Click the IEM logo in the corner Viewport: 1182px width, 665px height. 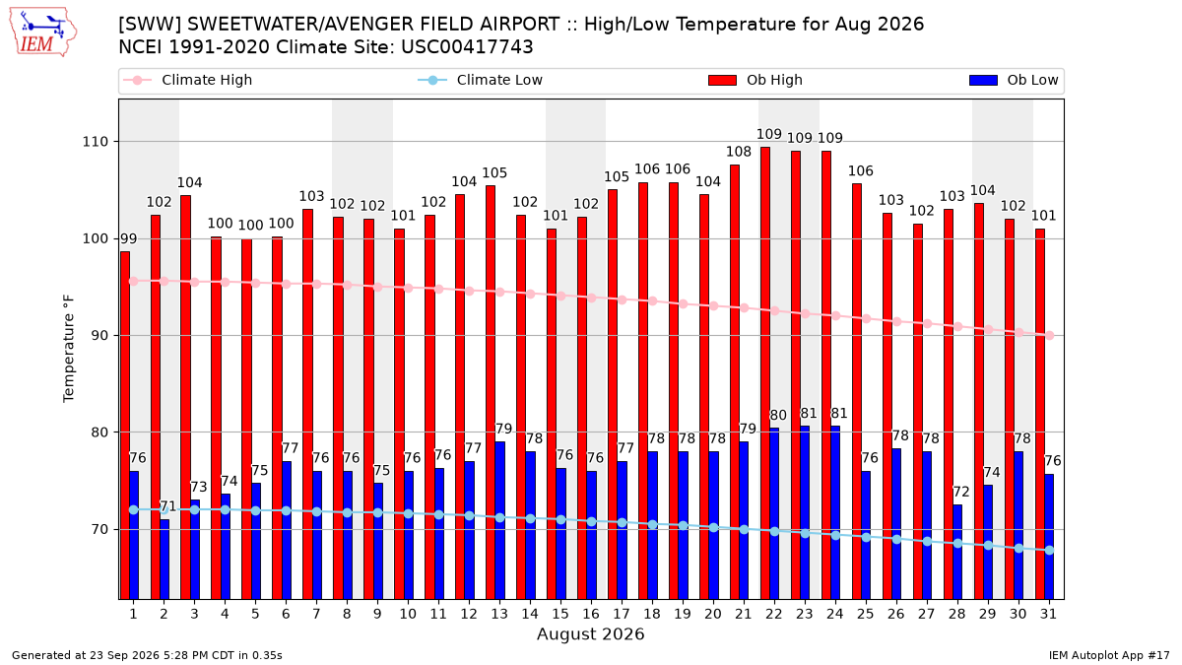[43, 33]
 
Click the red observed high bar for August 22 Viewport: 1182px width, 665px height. [765, 373]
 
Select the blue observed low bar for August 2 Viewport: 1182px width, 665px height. [164, 560]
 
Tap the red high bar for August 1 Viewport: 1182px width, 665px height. [125, 426]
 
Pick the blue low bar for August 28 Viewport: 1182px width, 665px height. [957, 552]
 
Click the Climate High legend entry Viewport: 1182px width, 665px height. [187, 80]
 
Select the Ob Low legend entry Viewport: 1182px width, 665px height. [1014, 80]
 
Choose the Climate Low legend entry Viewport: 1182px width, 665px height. [481, 80]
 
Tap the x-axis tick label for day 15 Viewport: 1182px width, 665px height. [560, 614]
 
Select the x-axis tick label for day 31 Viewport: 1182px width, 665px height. [1048, 614]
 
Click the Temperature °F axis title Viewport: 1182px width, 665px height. [69, 349]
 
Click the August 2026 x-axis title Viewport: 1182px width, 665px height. [590, 633]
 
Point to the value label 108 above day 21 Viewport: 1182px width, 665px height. [739, 152]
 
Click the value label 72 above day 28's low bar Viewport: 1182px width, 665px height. [961, 492]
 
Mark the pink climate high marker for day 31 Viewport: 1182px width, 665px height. [1050, 335]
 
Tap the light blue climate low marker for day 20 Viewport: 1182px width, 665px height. [713, 528]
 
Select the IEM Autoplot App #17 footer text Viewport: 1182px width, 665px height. [1109, 655]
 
